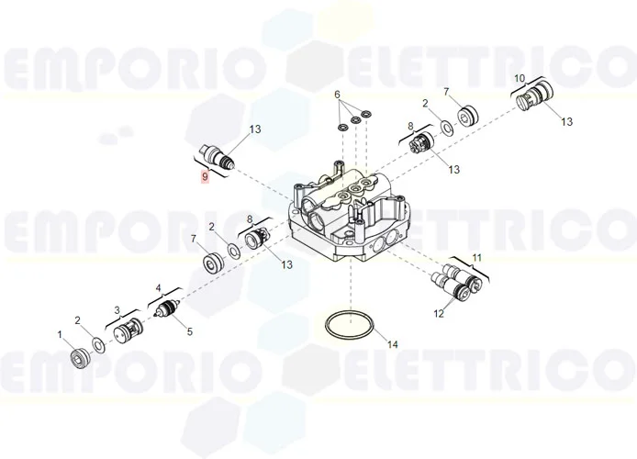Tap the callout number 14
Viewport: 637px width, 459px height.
point(392,345)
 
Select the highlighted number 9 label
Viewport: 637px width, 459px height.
point(205,175)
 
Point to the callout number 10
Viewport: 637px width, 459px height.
point(519,79)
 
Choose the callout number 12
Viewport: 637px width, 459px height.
point(438,314)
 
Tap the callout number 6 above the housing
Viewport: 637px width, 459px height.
point(337,95)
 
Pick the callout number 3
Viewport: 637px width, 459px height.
point(117,310)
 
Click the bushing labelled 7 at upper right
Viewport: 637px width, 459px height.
point(471,116)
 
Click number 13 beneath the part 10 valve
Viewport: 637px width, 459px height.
point(566,121)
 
